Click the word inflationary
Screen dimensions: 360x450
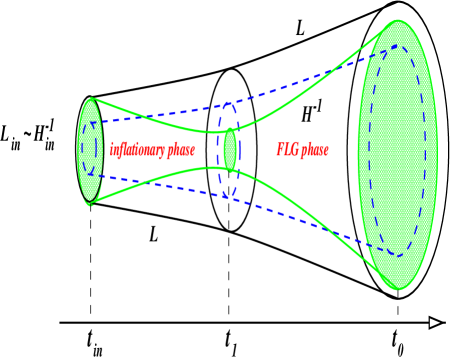138,150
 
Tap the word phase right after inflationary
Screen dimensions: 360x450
181,150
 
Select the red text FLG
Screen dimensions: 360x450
287,150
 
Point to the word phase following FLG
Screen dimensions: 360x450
314,150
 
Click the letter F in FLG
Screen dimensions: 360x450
280,150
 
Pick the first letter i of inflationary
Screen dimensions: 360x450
111,150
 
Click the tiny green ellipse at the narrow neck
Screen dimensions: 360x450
230,150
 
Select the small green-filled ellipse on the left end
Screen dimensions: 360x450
91,150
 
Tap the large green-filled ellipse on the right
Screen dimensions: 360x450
397,155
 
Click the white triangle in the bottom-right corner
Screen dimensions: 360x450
435,322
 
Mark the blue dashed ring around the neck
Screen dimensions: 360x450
220,150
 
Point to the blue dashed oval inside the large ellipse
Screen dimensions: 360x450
372,150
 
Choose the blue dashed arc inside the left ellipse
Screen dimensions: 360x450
82,150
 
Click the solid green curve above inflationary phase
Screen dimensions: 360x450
160,121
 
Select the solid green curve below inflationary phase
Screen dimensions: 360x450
160,179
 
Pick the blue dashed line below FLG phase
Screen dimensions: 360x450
300,216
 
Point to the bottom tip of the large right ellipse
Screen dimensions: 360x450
398,289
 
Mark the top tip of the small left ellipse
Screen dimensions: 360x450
91,99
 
